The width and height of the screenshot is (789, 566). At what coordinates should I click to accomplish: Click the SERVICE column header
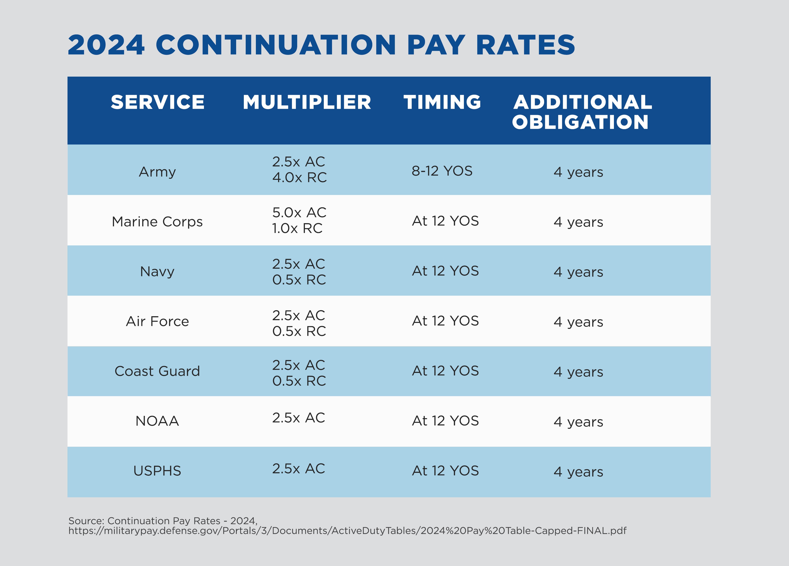coord(158,102)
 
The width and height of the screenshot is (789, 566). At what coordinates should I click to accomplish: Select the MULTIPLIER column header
coord(307,102)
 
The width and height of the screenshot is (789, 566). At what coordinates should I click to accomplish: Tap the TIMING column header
coord(442,102)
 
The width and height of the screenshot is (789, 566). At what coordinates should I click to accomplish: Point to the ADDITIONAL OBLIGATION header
coord(582,112)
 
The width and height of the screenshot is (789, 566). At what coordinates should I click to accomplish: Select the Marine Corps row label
coord(157,222)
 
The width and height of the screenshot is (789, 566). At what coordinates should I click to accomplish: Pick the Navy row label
coord(157,271)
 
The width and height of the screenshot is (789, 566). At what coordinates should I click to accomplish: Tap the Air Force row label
coord(157,321)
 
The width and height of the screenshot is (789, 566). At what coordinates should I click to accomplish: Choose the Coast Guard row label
coord(157,371)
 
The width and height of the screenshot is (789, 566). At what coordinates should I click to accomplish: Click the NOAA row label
coord(157,421)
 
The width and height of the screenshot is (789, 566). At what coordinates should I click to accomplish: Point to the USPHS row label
coord(157,471)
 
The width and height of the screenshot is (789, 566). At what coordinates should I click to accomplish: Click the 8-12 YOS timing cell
coord(442,171)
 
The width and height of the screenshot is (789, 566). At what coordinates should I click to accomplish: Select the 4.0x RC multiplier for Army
coord(299,177)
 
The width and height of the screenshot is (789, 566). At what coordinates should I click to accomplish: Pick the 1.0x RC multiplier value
coord(297,228)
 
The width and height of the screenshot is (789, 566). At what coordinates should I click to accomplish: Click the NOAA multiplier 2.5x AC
coord(298,418)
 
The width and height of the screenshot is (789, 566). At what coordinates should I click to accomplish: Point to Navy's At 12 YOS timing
coord(445,271)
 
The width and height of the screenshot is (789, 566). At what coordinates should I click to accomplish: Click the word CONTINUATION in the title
coord(276,45)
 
